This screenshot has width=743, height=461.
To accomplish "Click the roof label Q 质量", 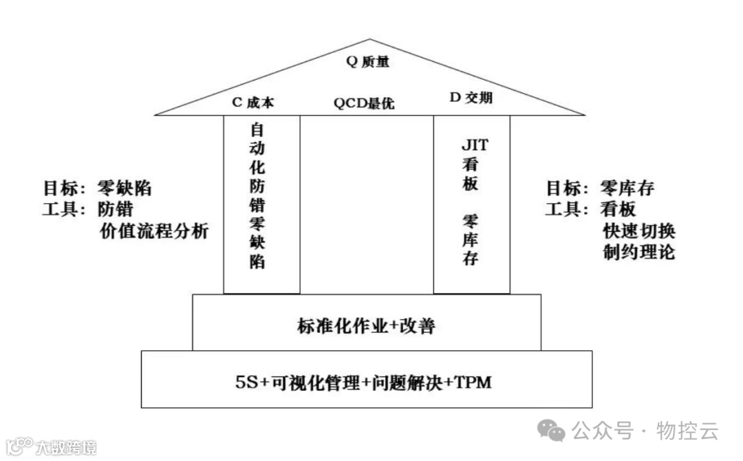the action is [x=367, y=62].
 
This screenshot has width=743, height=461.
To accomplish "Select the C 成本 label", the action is [x=252, y=103].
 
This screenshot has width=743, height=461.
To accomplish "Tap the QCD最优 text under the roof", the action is [x=365, y=104].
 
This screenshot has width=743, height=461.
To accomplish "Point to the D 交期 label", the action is [x=471, y=98].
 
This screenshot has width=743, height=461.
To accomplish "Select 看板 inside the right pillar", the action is [x=471, y=175].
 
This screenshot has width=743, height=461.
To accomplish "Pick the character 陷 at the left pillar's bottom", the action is [x=257, y=262].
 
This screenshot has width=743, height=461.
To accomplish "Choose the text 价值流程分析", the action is [x=153, y=231].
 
